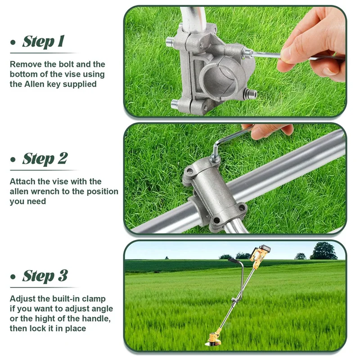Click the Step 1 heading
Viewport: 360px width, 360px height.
tap(43, 41)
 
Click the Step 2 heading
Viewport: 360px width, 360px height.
tap(45, 158)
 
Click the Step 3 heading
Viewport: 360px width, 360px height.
tap(45, 275)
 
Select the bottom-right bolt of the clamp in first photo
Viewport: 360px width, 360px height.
tap(250, 94)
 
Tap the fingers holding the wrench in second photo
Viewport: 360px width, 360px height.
tap(268, 131)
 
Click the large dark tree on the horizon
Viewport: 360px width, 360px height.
tap(323, 251)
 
